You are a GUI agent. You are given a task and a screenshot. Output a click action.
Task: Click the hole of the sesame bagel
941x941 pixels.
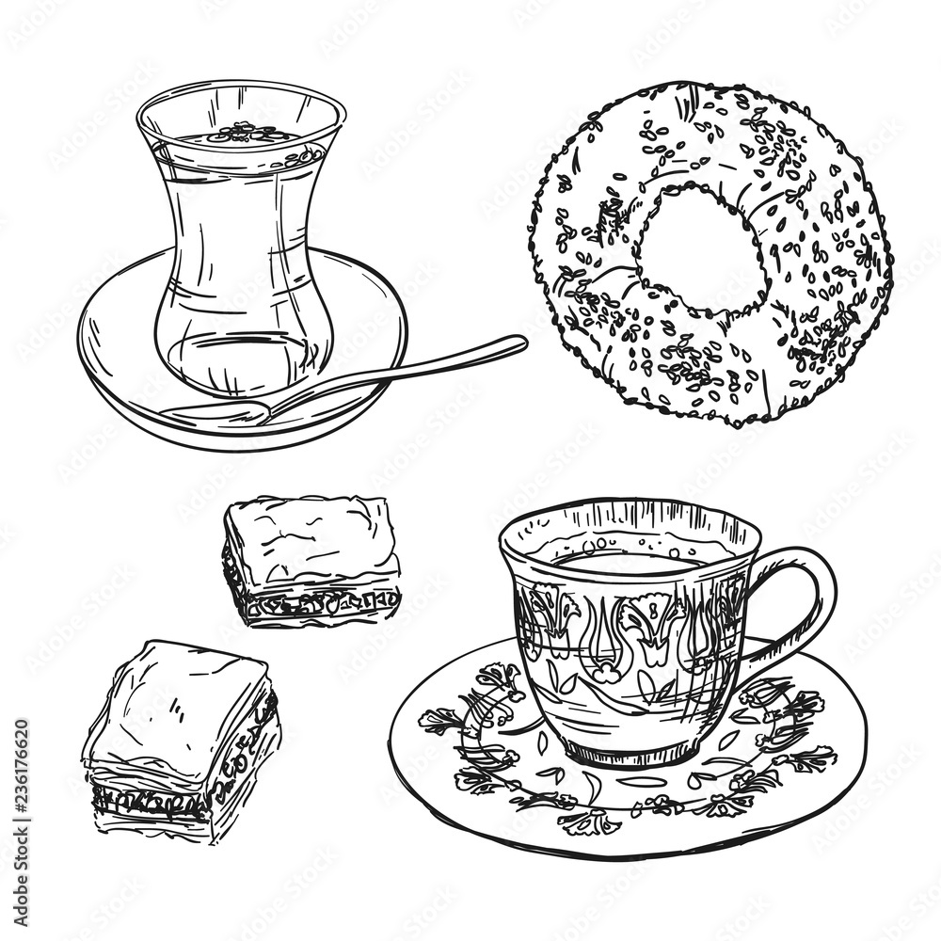pos(698,247)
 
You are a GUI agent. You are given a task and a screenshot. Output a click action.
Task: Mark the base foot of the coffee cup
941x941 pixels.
pos(630,753)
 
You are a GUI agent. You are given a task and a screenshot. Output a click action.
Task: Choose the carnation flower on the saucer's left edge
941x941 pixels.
pos(440,721)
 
